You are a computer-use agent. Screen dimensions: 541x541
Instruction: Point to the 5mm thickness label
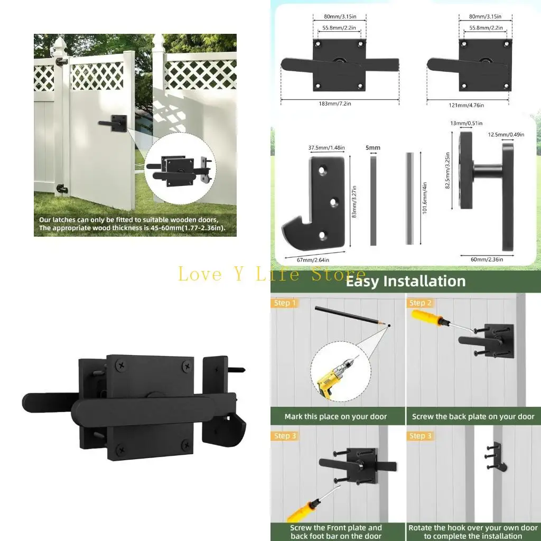373,148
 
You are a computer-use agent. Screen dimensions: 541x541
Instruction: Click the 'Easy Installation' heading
405,281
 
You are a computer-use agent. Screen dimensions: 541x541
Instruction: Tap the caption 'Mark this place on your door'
335,416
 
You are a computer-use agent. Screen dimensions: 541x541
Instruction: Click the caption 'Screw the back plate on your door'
473,416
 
